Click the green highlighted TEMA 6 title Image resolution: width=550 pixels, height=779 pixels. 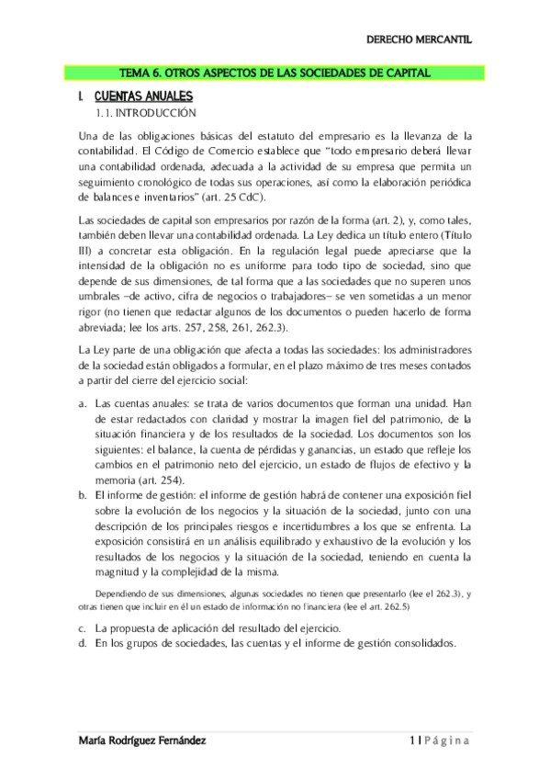[275, 73]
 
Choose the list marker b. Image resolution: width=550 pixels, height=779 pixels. [84, 494]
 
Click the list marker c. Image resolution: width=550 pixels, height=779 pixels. [84, 627]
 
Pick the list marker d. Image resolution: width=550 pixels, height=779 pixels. [84, 644]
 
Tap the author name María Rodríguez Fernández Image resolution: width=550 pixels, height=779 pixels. [143, 741]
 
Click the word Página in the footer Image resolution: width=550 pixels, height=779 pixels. [446, 741]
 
